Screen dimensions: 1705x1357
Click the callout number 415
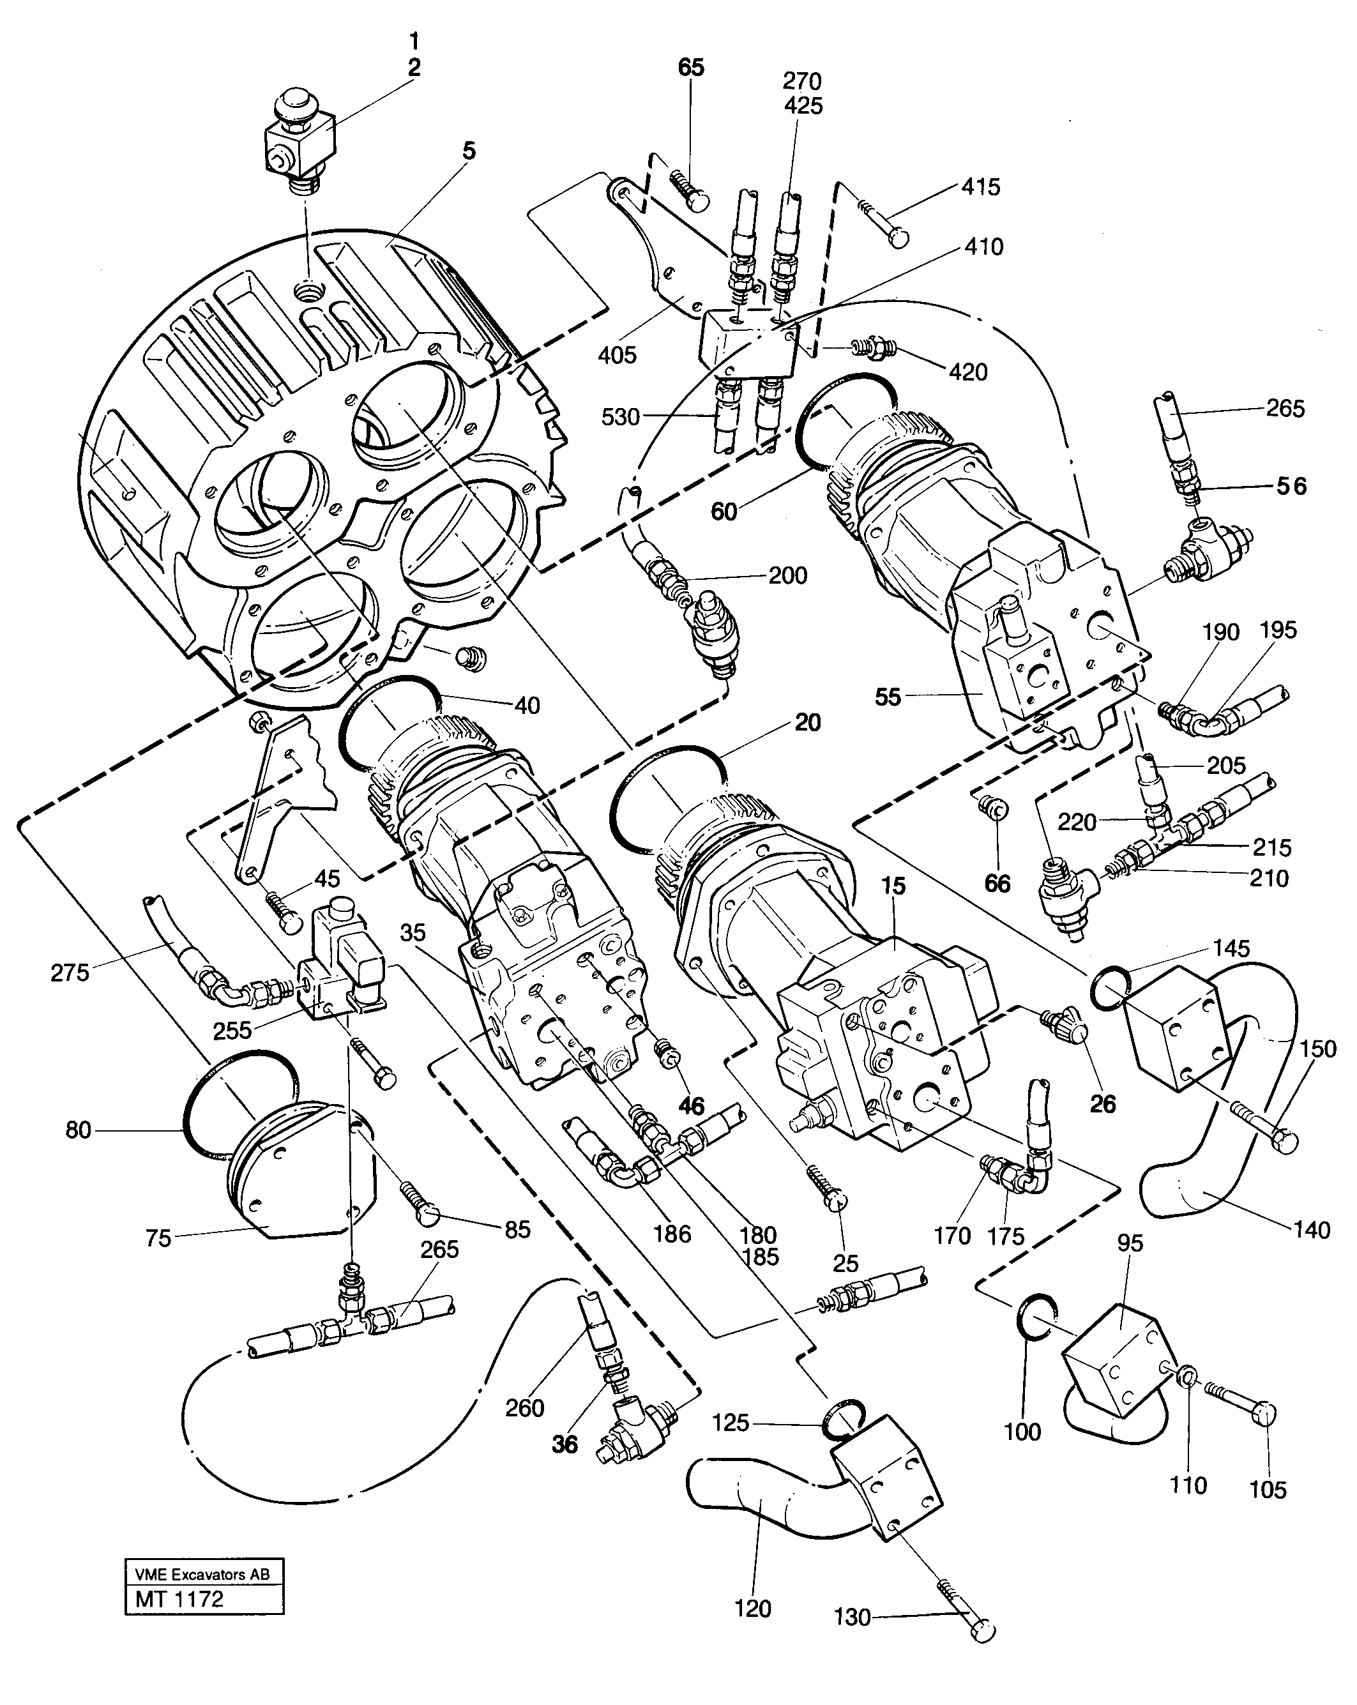click(981, 188)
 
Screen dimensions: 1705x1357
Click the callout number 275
click(70, 972)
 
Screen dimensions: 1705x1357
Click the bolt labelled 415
click(884, 225)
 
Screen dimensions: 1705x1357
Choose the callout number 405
click(617, 355)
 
